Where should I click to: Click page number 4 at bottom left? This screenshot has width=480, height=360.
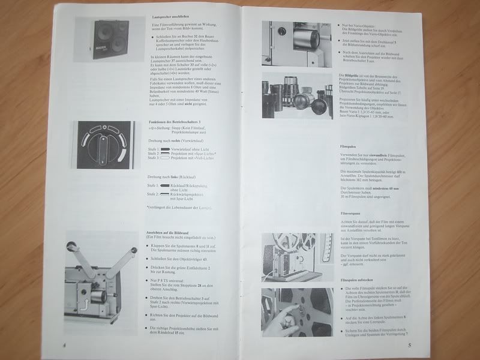63,346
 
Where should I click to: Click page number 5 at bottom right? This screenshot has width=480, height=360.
410,346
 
